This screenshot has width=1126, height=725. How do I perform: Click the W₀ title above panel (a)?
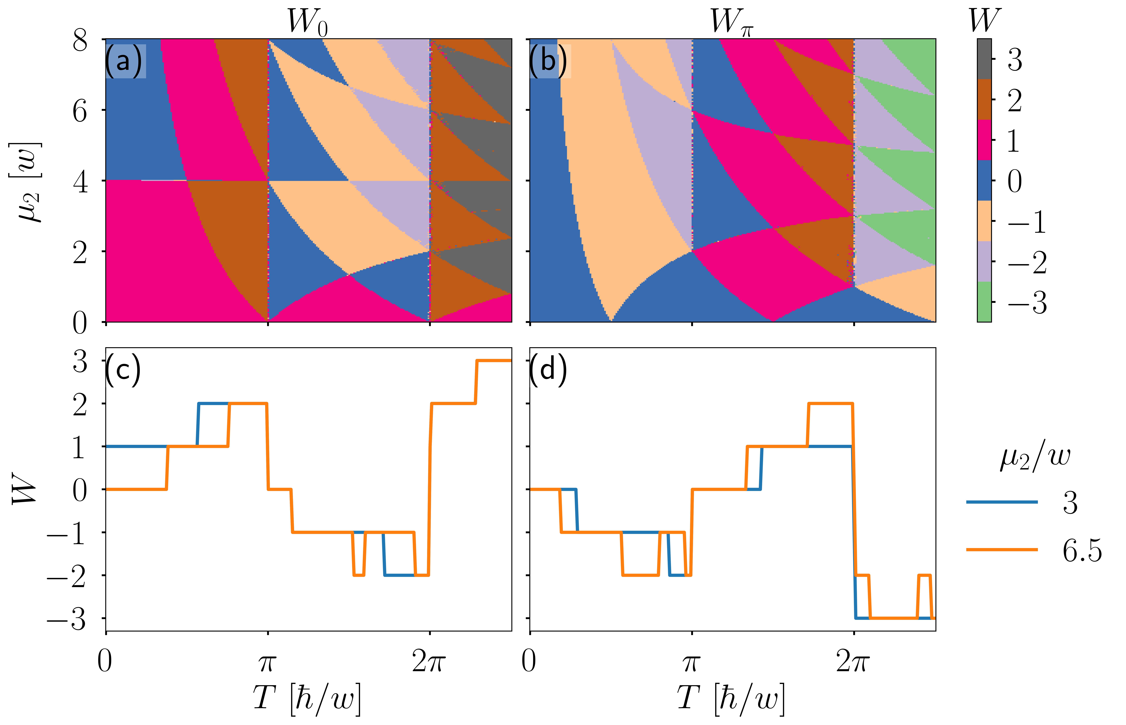point(308,22)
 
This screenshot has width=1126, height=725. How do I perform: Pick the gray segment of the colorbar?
point(984,59)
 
